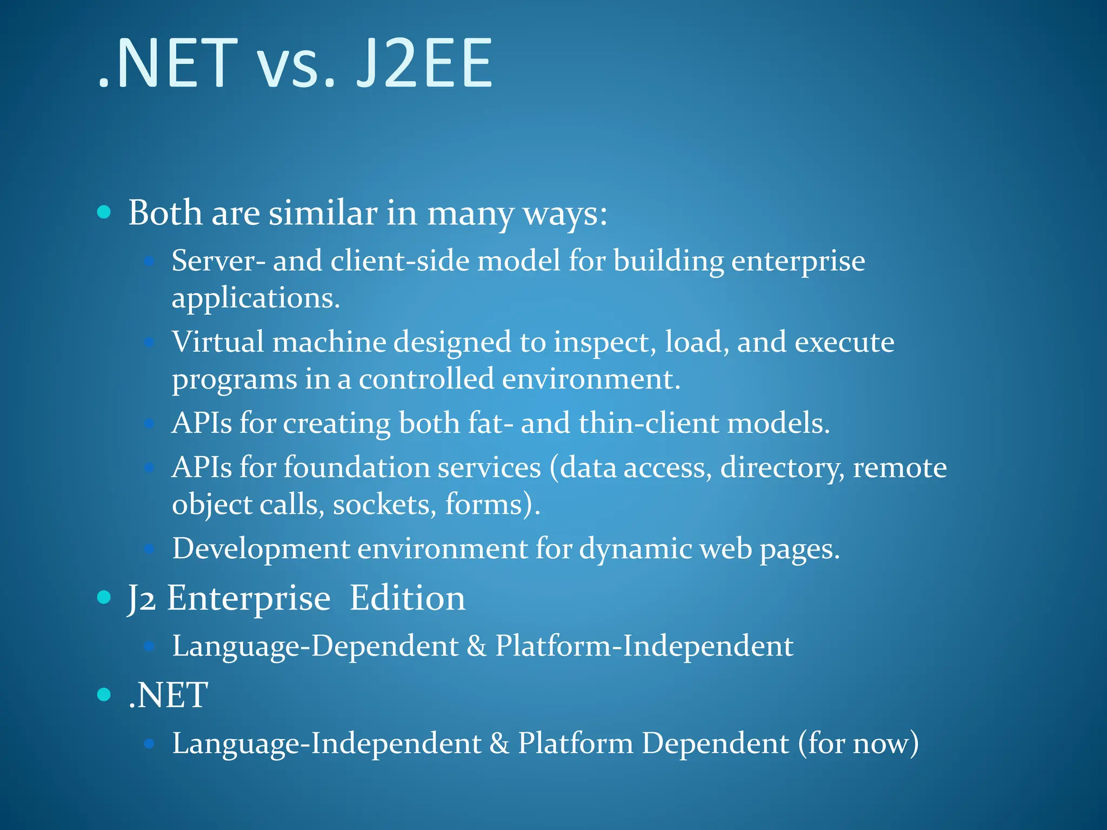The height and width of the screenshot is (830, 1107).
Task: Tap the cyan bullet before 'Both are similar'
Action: [x=104, y=212]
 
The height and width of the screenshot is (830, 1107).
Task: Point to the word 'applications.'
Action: [x=256, y=298]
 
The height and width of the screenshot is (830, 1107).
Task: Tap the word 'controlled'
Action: [x=426, y=379]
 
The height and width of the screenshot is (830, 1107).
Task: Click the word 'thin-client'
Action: [x=649, y=423]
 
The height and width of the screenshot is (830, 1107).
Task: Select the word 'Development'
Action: [x=261, y=548]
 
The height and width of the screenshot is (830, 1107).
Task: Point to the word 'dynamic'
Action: [x=635, y=548]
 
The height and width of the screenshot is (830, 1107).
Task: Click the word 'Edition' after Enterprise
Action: [x=407, y=598]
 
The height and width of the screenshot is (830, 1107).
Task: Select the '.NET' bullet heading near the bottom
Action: [x=168, y=695]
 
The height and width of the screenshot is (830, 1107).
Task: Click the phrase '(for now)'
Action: [x=858, y=743]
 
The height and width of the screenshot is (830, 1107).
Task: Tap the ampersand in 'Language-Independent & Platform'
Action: [x=499, y=743]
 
